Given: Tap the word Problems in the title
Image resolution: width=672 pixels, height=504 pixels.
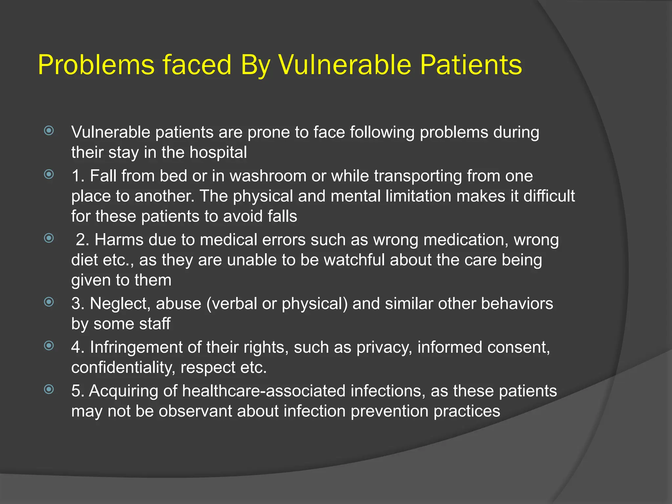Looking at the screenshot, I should click(96, 65).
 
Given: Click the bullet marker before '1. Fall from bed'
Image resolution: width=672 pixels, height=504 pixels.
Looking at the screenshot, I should click(49, 174).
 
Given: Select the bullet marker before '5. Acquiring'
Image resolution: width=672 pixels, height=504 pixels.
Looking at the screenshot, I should click(49, 389).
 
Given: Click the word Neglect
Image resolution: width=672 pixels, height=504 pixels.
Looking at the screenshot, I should click(120, 304).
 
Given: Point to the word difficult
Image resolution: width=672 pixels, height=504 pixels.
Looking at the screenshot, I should click(549, 196).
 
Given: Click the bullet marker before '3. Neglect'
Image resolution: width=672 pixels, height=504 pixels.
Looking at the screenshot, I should click(49, 302).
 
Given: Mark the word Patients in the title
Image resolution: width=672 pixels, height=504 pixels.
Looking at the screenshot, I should click(471, 65).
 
